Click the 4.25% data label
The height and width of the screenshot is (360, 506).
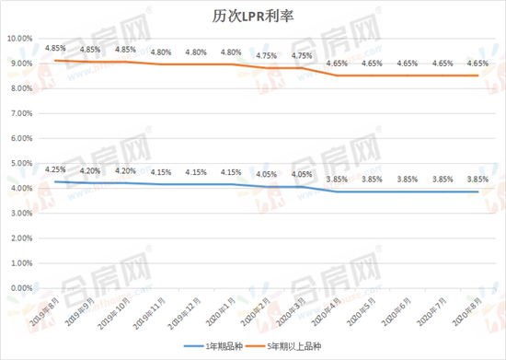click(x=55, y=169)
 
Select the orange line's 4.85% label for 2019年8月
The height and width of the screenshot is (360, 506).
click(x=55, y=48)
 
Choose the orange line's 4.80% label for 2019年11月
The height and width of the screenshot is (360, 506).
click(x=160, y=52)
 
